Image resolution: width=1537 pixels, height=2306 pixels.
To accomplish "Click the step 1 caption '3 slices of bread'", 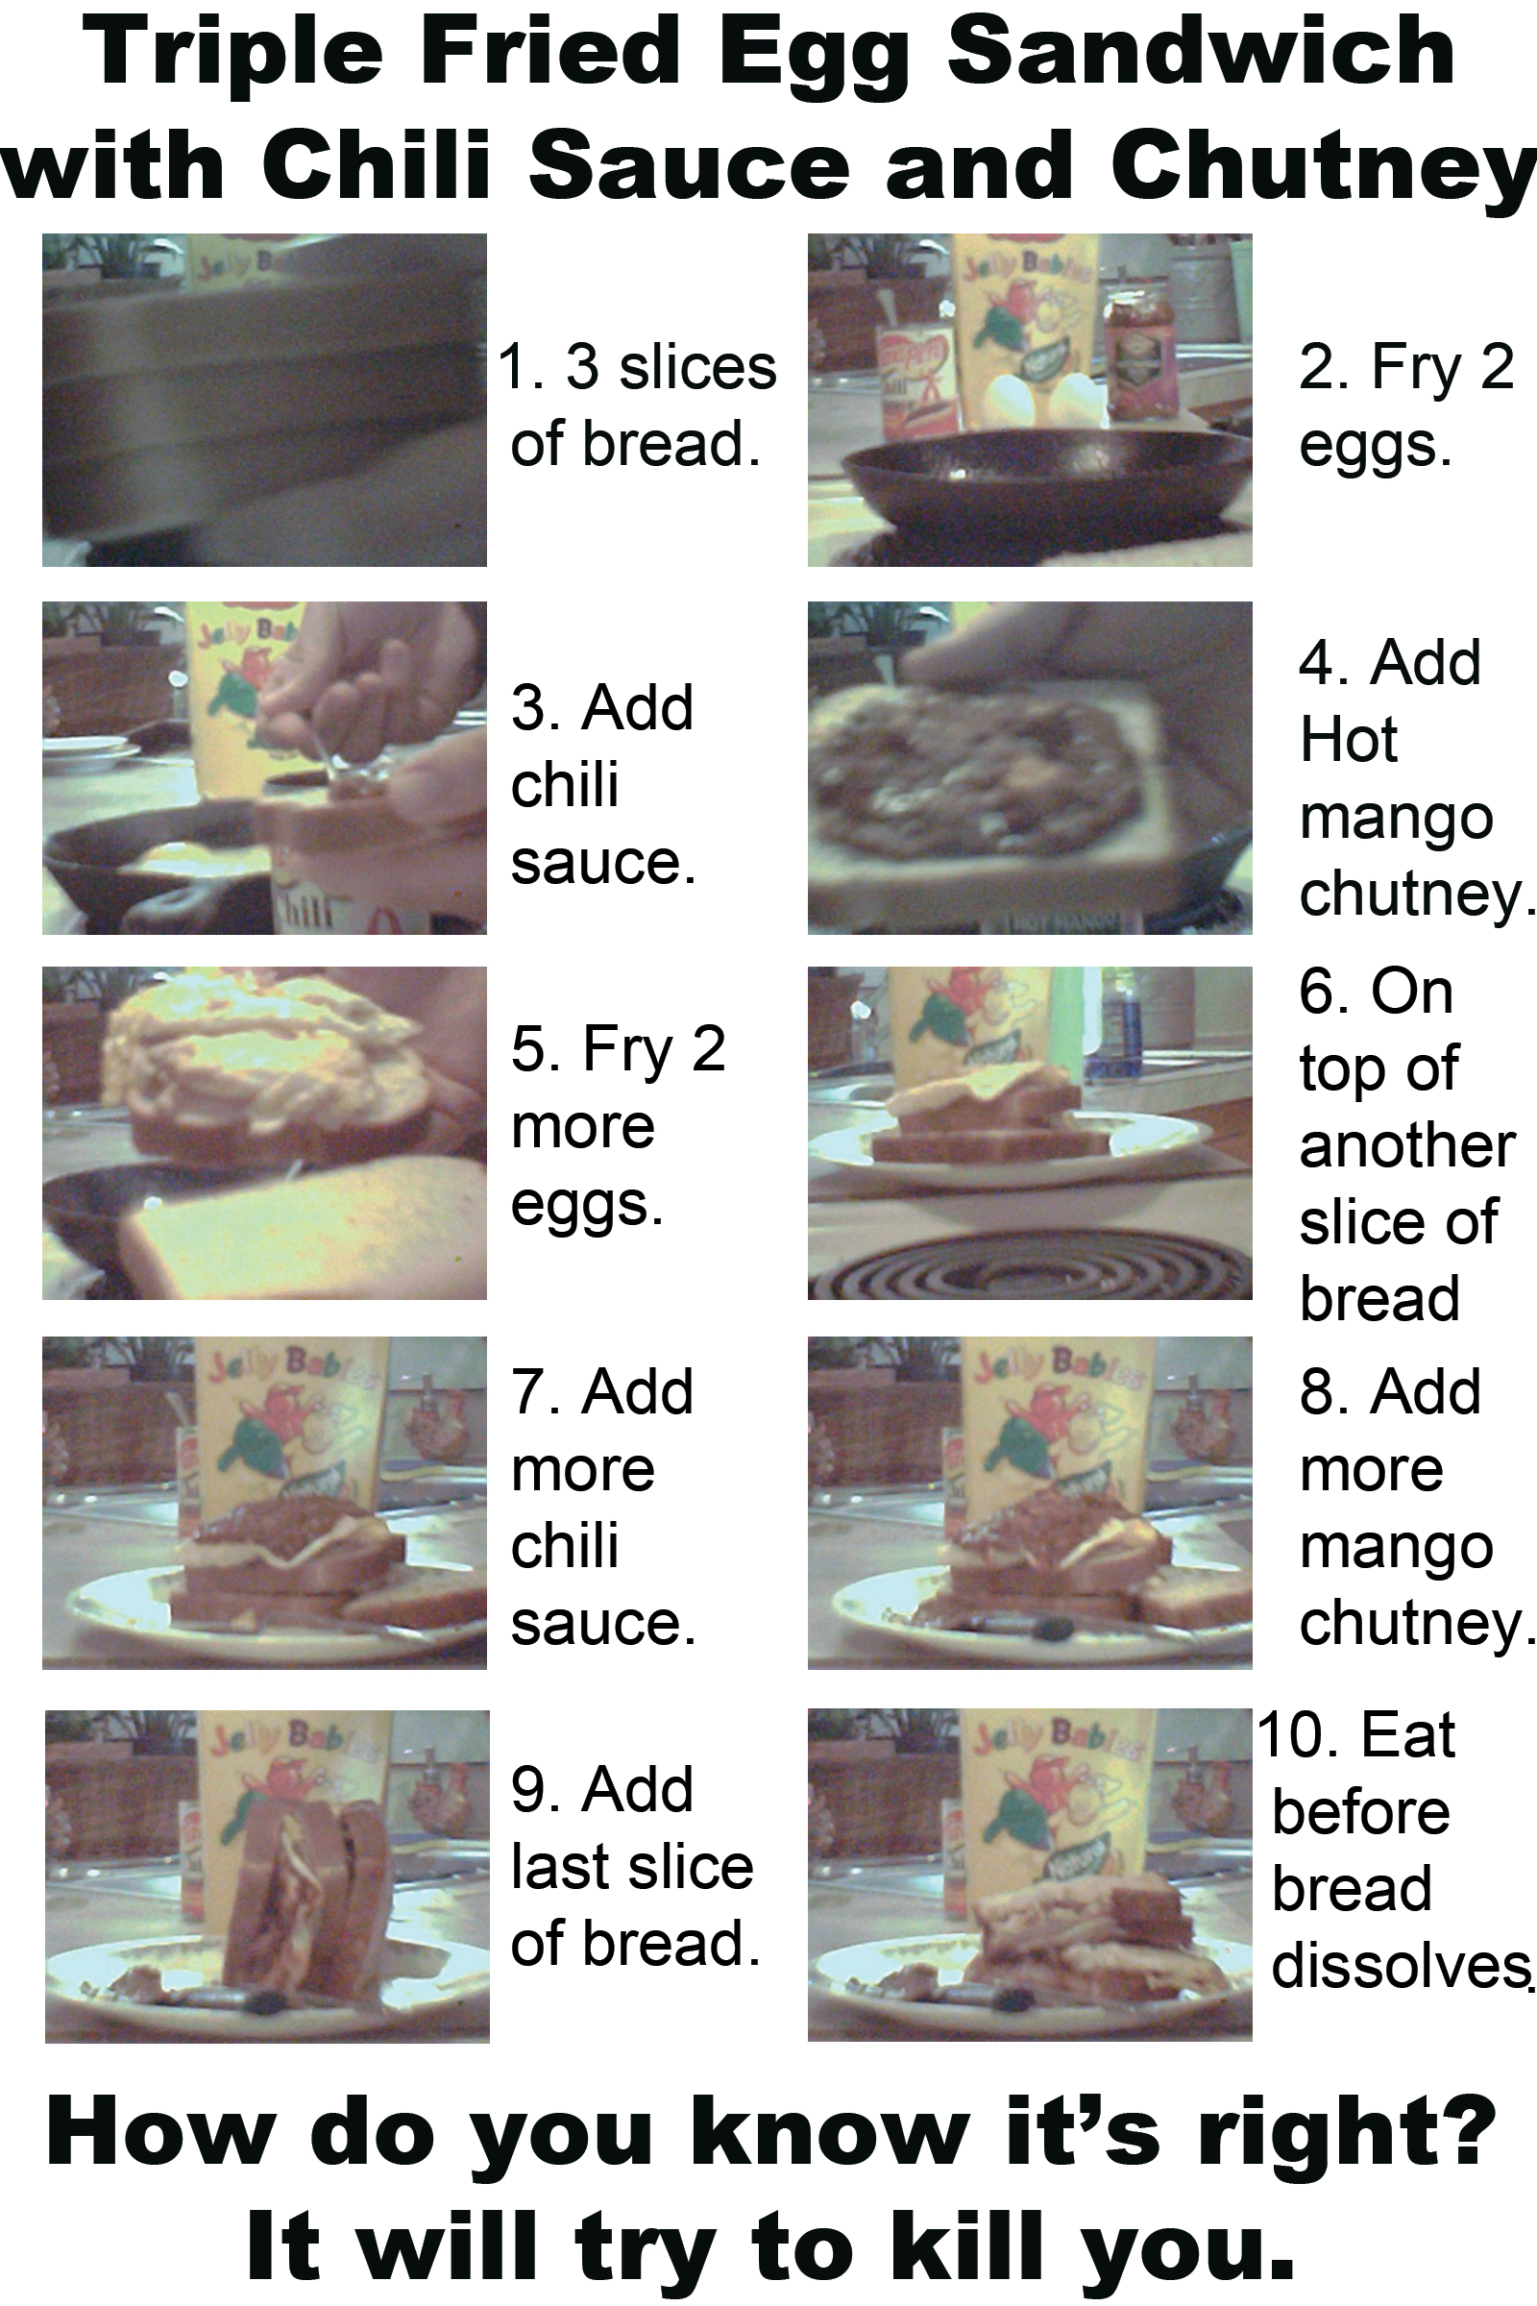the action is (637, 404).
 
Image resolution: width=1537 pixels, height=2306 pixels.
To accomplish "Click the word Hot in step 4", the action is (1348, 739).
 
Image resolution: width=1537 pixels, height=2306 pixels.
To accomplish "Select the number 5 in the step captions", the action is (527, 1048).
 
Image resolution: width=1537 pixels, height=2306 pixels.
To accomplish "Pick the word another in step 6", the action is (1407, 1146).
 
